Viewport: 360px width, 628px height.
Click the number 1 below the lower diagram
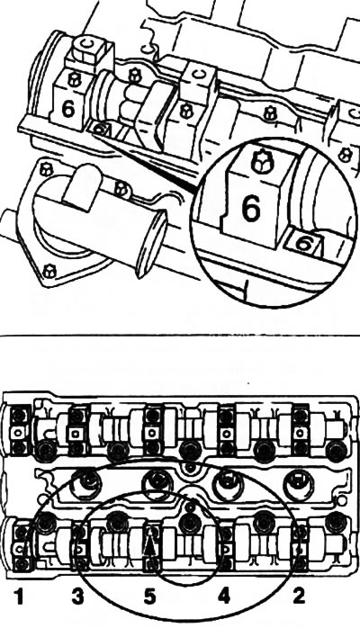[19, 597]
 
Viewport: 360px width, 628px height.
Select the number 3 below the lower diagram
[77, 597]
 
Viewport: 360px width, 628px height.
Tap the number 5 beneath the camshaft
[149, 597]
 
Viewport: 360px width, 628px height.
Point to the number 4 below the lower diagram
[224, 597]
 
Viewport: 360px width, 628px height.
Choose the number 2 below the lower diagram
[298, 597]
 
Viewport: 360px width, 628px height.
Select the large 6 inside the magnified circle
[251, 209]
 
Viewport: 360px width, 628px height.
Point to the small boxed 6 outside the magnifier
[100, 129]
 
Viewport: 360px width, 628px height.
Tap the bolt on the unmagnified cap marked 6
[74, 79]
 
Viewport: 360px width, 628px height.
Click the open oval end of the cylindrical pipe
[151, 241]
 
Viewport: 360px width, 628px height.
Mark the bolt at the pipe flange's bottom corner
[50, 271]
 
